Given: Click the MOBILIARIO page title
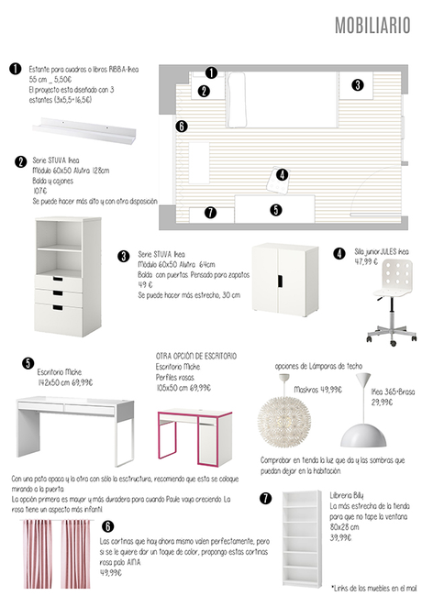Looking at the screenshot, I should (x=372, y=26).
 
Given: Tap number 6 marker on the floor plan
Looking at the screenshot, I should (x=182, y=126).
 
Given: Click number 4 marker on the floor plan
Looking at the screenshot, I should (x=282, y=174).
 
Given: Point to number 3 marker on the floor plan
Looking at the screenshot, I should (x=357, y=84).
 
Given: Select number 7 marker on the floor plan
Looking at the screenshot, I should (x=210, y=213).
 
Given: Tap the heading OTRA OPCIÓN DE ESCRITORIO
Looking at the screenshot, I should (x=196, y=356).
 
